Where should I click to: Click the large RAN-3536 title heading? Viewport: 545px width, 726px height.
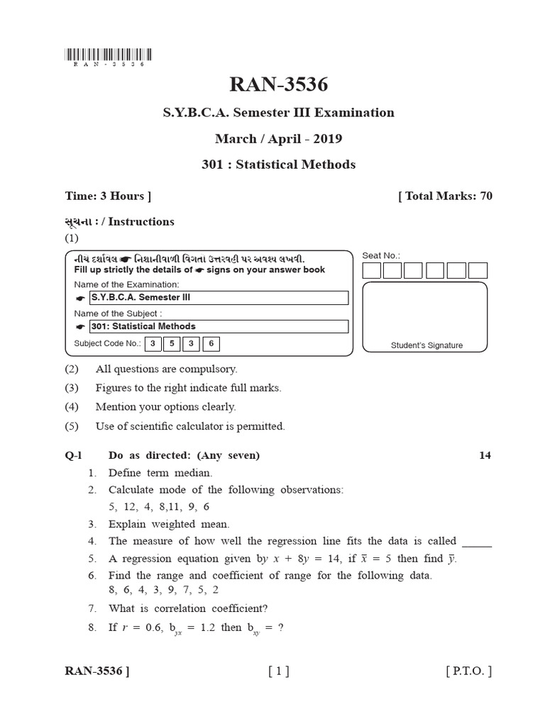[x=279, y=85]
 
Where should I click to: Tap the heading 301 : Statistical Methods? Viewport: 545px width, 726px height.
[x=279, y=164]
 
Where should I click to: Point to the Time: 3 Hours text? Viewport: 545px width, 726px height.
[x=108, y=196]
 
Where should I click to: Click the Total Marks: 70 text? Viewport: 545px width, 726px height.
[x=446, y=196]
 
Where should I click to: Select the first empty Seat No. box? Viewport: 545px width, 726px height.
[x=371, y=270]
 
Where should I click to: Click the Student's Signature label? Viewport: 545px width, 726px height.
[x=426, y=345]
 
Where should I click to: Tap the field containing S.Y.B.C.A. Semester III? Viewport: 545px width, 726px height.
[x=219, y=298]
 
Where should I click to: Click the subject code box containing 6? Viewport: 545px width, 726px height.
[x=211, y=345]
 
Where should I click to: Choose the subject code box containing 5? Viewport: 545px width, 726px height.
[x=171, y=345]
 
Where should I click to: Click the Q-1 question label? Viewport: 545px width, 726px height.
[x=75, y=455]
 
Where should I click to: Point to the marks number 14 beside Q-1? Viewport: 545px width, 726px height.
[x=485, y=455]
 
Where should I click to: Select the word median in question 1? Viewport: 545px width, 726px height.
[x=195, y=473]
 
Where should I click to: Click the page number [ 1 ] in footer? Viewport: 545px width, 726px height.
[x=278, y=671]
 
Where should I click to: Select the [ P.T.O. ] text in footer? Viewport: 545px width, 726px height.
[x=468, y=671]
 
